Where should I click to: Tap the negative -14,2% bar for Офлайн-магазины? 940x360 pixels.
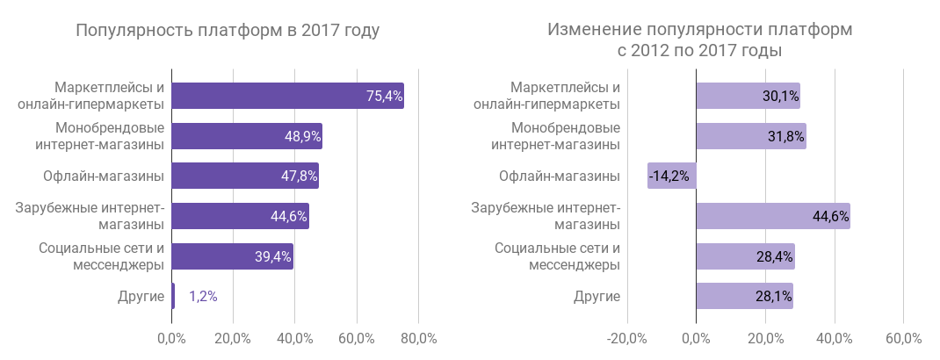pos(672,176)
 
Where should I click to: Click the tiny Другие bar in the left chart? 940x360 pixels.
pos(173,296)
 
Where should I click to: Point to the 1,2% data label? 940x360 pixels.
pos(203,297)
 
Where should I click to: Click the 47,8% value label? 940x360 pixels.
pos(298,176)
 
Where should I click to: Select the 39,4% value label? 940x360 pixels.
pos(272,256)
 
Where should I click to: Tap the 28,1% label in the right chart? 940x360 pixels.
pos(774,297)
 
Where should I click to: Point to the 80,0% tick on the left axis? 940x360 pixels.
pos(419,337)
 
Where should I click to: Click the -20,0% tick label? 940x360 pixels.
pos(627,337)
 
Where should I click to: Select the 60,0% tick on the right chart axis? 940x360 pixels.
pos(903,337)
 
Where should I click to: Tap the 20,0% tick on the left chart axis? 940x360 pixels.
pos(233,337)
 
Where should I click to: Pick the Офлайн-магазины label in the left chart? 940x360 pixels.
pos(104,176)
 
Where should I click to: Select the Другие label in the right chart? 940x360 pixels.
pos(597,297)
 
